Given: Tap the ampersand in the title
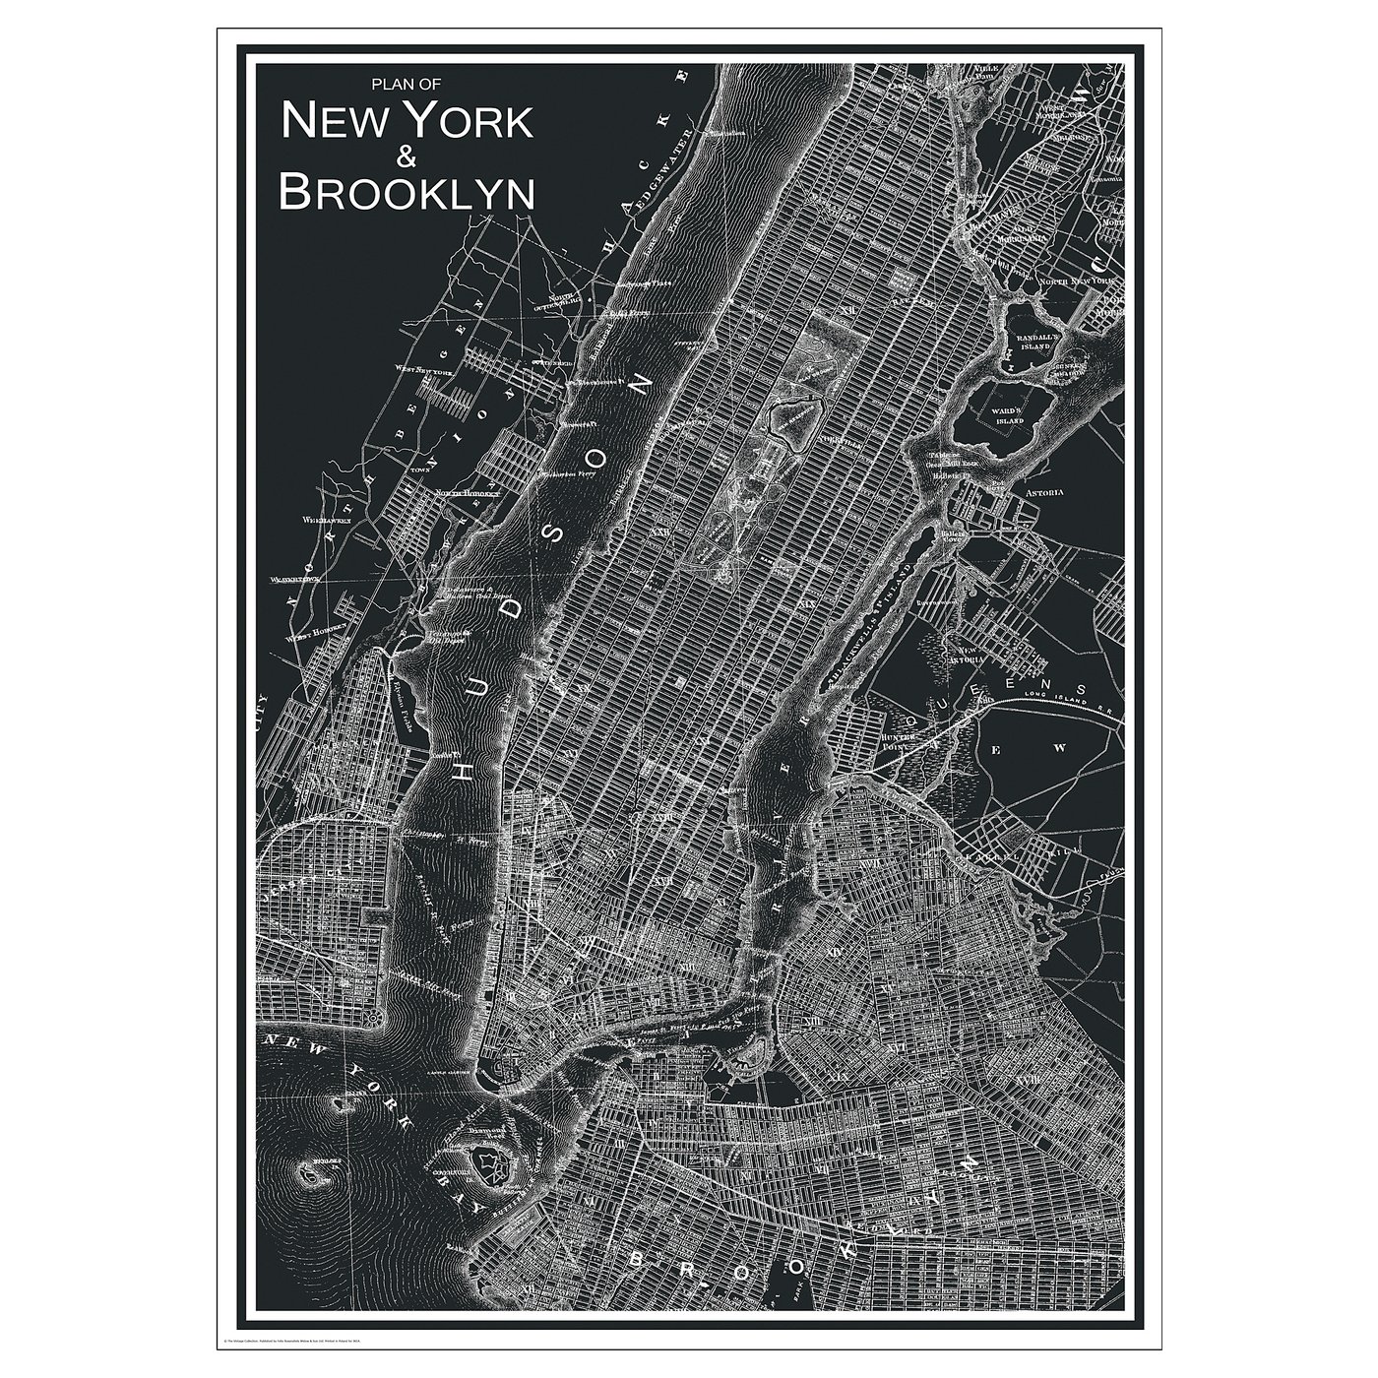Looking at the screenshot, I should (x=407, y=156).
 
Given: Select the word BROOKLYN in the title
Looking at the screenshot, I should (x=407, y=192).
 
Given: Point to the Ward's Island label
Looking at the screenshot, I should (x=1030, y=414).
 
